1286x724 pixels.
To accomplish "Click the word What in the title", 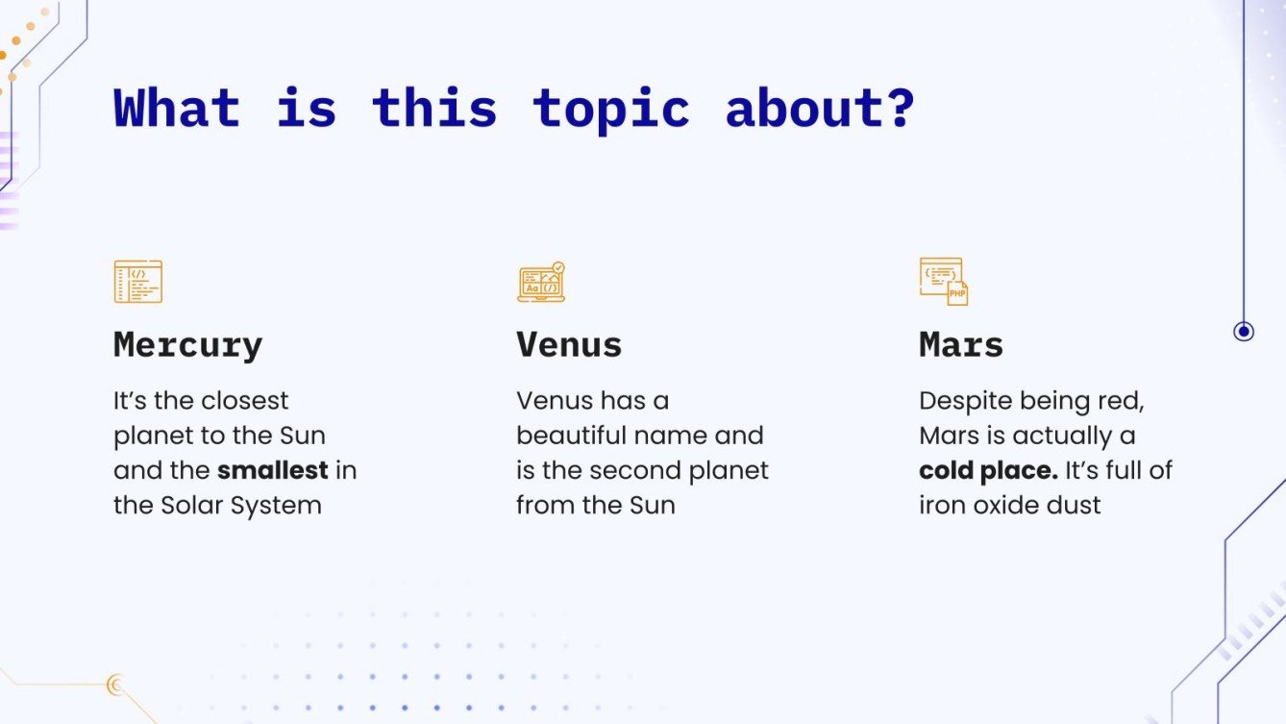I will pyautogui.click(x=176, y=108).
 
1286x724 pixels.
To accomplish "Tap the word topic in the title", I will pyautogui.click(x=611, y=108).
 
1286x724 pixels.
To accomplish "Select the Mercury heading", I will pyautogui.click(x=187, y=344).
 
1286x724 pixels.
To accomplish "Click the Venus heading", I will pyautogui.click(x=569, y=344).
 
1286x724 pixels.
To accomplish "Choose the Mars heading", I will pyautogui.click(x=961, y=344).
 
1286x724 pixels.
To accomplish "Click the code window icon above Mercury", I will pyautogui.click(x=138, y=282).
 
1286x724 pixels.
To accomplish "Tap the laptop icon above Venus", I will pyautogui.click(x=541, y=283).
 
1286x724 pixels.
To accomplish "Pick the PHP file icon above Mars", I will pyautogui.click(x=944, y=282).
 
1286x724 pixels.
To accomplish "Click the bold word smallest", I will pyautogui.click(x=273, y=470).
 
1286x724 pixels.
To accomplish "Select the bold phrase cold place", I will pyautogui.click(x=988, y=470).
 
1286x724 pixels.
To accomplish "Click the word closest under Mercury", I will pyautogui.click(x=244, y=401).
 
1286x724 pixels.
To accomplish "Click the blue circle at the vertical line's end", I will pyautogui.click(x=1244, y=332).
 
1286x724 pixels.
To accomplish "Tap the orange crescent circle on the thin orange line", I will pyautogui.click(x=116, y=685).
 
